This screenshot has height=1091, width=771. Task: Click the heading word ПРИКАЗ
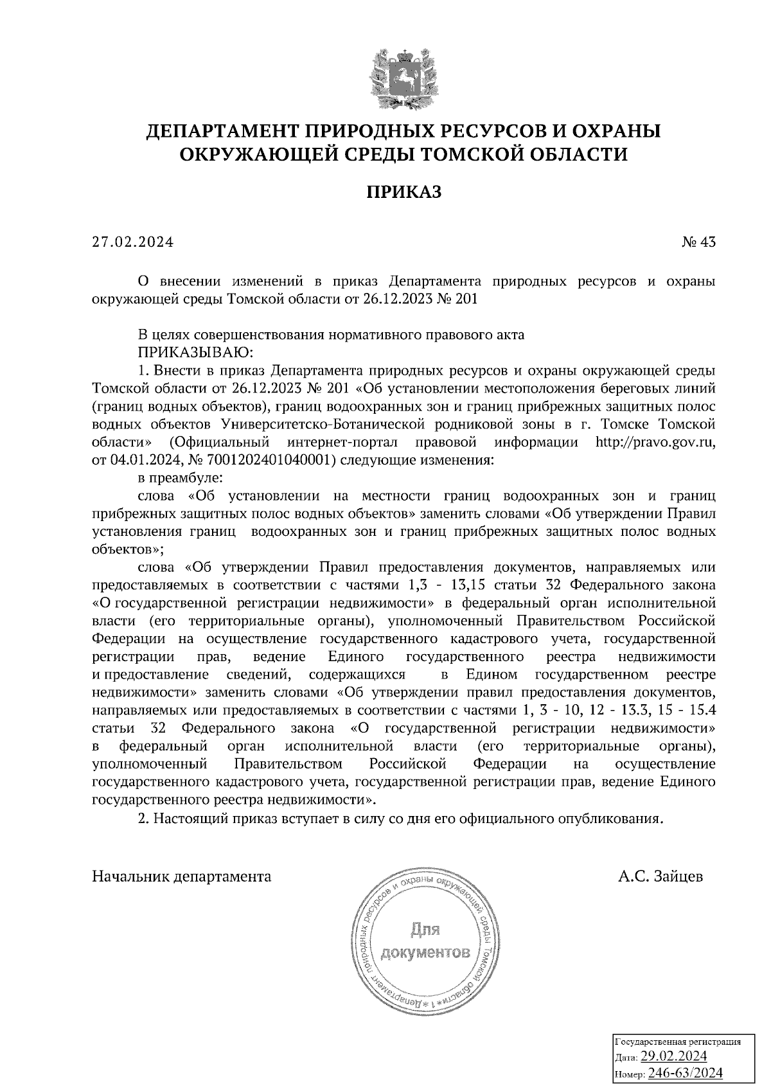(x=403, y=192)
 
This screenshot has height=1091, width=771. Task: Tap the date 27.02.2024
(x=133, y=242)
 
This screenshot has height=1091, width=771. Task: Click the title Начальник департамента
(x=182, y=876)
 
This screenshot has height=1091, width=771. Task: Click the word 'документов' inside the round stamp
(x=425, y=952)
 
